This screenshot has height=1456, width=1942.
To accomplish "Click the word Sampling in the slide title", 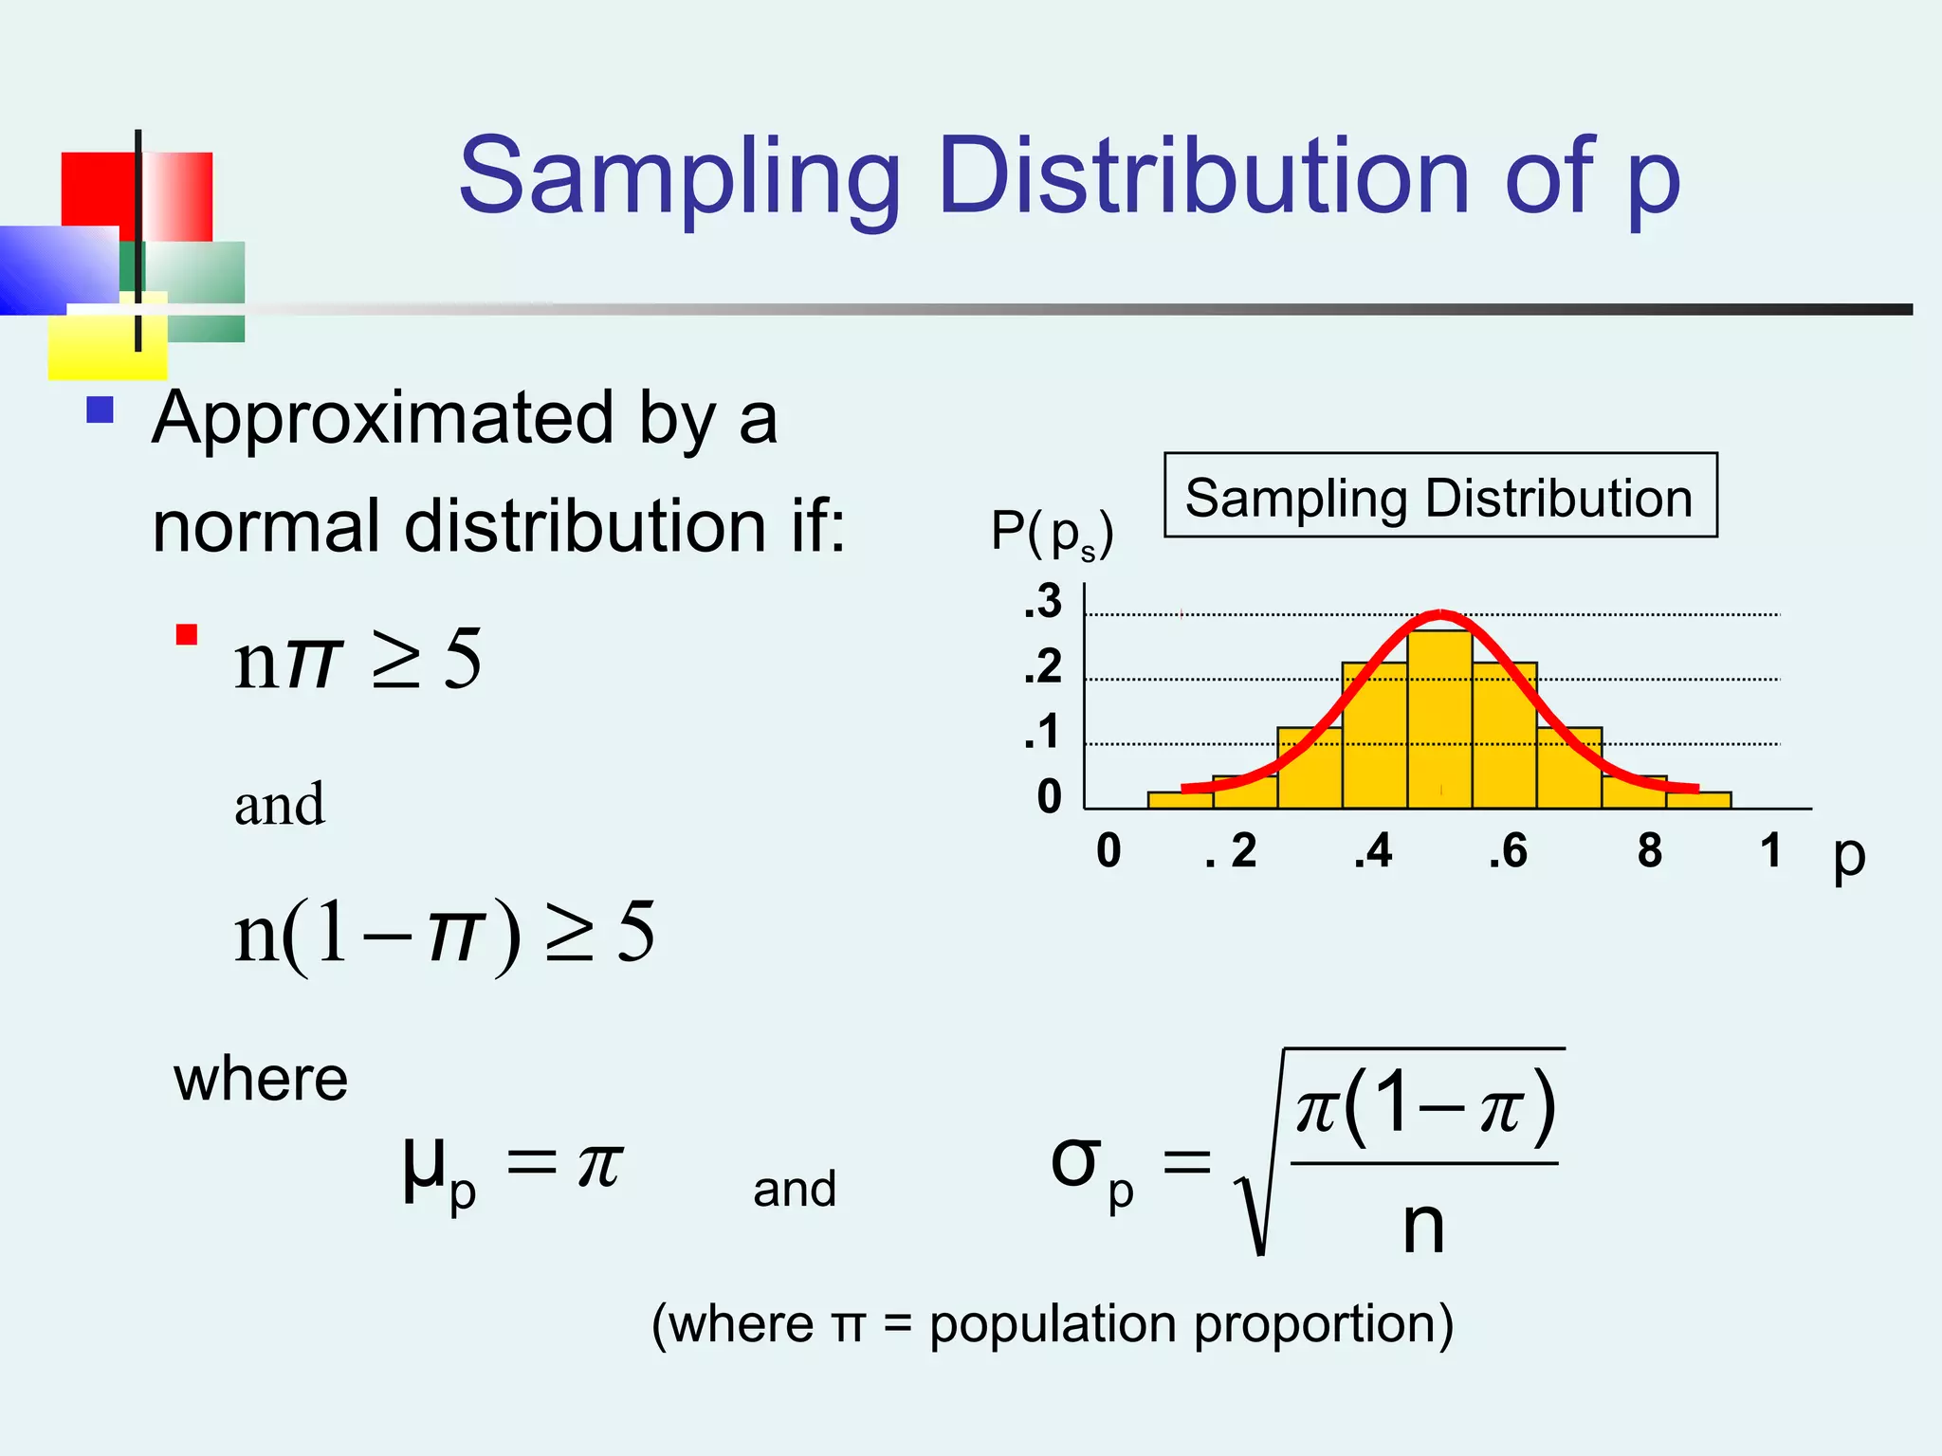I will (678, 178).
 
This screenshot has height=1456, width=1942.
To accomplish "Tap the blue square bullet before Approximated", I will (100, 409).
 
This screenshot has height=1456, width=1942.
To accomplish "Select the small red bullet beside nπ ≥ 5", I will (187, 634).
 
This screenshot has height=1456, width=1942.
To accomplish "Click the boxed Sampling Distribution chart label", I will (1439, 497).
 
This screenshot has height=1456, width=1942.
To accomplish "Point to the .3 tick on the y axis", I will (1043, 601).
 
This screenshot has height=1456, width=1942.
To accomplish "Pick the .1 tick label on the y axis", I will (1043, 732).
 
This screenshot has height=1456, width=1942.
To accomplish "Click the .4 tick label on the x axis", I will (1373, 850).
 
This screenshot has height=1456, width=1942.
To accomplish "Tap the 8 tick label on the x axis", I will (1650, 850).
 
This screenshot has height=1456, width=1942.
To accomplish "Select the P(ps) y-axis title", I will (1051, 533).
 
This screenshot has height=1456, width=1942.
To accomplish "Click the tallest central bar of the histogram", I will (1439, 720).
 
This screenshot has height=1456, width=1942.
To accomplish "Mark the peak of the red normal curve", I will (1439, 613).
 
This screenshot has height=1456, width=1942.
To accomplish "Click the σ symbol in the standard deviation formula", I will (1076, 1160).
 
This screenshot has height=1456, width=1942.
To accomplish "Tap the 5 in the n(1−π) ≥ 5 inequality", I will (635, 932).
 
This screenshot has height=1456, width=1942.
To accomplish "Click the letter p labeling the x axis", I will (1848, 855).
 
